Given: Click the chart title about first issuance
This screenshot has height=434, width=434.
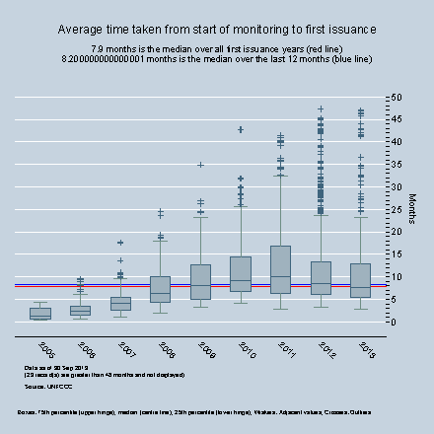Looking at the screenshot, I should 216,31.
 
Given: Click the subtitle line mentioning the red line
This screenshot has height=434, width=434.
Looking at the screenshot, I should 216,49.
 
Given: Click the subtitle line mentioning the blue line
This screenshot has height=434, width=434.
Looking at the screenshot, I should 216,59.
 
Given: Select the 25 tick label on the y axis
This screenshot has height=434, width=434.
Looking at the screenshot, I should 396,209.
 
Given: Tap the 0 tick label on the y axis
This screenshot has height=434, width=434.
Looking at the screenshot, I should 393,322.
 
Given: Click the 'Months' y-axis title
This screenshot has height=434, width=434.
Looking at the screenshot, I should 412,209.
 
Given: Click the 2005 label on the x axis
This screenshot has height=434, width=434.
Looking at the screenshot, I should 45,349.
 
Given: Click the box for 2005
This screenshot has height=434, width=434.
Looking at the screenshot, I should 40,314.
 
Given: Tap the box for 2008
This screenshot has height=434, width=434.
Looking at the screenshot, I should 160,289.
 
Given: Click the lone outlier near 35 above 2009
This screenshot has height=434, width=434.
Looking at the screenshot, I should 200,165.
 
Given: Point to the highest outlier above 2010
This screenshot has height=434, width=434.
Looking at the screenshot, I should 240,129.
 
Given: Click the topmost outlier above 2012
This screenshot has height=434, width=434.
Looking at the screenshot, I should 320,108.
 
